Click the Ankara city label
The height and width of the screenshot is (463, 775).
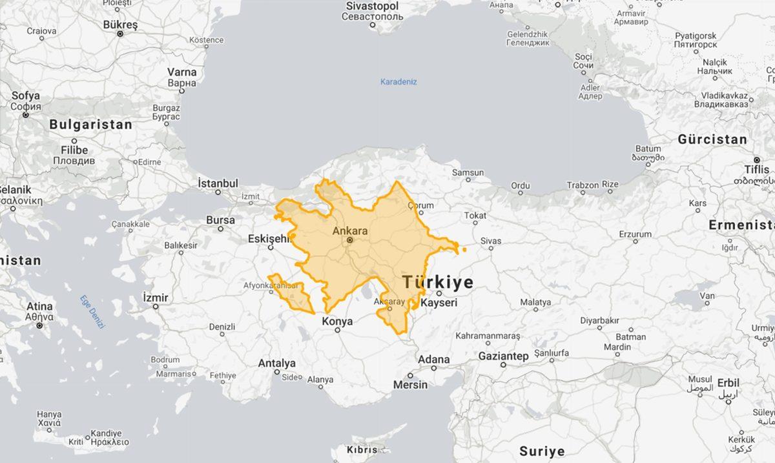click(349, 231)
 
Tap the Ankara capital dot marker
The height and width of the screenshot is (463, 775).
click(349, 240)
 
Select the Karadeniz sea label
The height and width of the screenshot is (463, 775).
click(398, 82)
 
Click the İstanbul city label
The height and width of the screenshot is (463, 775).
click(218, 184)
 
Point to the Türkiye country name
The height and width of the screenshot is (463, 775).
click(438, 282)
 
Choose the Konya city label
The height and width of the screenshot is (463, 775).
click(337, 321)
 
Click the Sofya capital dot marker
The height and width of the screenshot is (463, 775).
click(26, 115)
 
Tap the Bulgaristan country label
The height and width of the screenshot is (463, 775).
click(90, 125)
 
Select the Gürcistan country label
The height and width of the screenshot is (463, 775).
click(712, 139)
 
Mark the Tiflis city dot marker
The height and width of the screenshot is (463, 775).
click(757, 159)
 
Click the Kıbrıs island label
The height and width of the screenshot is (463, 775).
click(362, 449)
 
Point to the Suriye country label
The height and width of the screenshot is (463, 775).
click(542, 451)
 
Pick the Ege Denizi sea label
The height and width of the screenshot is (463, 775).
click(92, 313)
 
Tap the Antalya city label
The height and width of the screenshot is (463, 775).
click(276, 364)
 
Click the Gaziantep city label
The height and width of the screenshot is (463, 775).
click(503, 356)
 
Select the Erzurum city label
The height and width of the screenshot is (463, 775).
click(635, 234)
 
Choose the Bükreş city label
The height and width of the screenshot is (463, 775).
click(120, 25)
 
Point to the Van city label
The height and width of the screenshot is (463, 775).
click(708, 296)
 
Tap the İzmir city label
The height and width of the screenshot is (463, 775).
click(155, 298)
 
